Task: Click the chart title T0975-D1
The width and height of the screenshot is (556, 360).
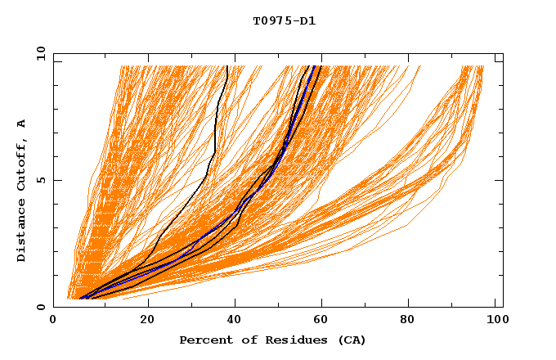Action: click(284, 21)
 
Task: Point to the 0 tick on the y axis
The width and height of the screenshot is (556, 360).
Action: click(41, 307)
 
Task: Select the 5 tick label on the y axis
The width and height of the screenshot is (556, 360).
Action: click(41, 180)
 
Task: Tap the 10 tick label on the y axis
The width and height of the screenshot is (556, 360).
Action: click(38, 53)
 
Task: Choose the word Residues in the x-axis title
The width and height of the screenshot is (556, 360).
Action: click(285, 340)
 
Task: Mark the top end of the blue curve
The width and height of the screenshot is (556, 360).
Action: click(316, 65)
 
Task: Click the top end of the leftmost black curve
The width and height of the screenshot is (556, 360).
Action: click(226, 65)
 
